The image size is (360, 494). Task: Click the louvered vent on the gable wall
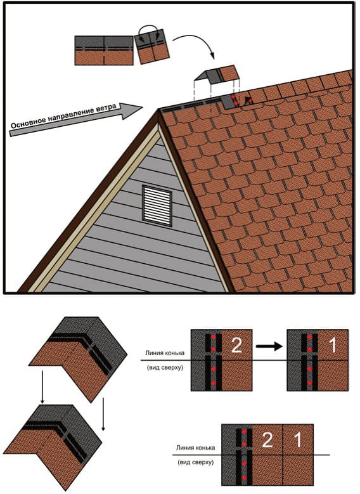[157, 205]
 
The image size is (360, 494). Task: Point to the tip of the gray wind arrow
[143, 108]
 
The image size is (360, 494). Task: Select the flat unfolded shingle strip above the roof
[104, 50]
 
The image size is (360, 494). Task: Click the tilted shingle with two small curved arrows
[152, 47]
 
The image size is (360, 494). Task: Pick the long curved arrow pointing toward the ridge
[195, 44]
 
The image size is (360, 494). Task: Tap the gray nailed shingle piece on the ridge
[229, 101]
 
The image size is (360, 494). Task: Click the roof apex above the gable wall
[158, 110]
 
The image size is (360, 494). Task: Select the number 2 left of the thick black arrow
[236, 346]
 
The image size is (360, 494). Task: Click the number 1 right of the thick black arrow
[333, 346]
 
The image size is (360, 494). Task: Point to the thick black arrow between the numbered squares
[269, 346]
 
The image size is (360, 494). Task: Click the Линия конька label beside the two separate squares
[165, 353]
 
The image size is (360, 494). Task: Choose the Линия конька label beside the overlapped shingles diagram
[196, 448]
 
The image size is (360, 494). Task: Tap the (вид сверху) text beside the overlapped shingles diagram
[195, 462]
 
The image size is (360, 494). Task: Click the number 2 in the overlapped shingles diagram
[267, 440]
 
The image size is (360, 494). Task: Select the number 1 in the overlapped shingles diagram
[298, 440]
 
